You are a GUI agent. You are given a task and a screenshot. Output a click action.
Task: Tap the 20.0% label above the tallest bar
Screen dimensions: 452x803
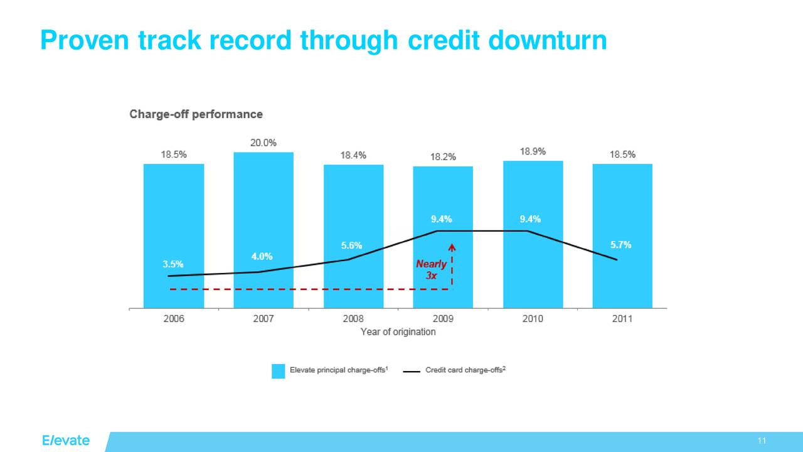tap(263, 143)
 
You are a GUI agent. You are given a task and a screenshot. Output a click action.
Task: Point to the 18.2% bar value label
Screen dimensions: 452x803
tap(443, 156)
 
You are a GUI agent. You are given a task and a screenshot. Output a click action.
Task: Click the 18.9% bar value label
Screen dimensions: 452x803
tap(533, 151)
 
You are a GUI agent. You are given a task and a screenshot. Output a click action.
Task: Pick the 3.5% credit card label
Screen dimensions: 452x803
tap(174, 264)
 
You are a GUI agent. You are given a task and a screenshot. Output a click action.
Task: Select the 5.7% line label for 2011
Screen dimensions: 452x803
tap(620, 245)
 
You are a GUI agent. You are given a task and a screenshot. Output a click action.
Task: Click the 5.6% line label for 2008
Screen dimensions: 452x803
tap(351, 245)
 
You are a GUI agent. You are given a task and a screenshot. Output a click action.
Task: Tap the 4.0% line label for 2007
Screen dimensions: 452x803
tap(262, 256)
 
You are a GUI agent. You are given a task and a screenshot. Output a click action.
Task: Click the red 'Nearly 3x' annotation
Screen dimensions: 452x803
tap(431, 269)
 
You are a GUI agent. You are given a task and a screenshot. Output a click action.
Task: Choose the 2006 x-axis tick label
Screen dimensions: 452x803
tap(174, 319)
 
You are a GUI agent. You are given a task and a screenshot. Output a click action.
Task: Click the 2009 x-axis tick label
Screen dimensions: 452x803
tap(443, 319)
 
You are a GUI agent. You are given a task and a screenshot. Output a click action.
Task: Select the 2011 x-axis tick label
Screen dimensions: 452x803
tap(622, 319)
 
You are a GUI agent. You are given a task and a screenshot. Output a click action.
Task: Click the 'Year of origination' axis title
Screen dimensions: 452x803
tap(398, 332)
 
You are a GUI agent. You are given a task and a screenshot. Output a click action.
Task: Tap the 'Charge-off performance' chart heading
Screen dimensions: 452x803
tap(196, 114)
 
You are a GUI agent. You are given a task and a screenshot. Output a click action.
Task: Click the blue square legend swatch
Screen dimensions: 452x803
tap(278, 371)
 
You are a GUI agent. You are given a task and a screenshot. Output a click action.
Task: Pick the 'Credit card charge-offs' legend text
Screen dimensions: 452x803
tap(465, 370)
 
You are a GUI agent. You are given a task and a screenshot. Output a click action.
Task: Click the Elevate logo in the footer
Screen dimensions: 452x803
tap(66, 440)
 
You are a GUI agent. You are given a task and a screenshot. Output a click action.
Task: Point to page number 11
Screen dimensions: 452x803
tap(762, 441)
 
